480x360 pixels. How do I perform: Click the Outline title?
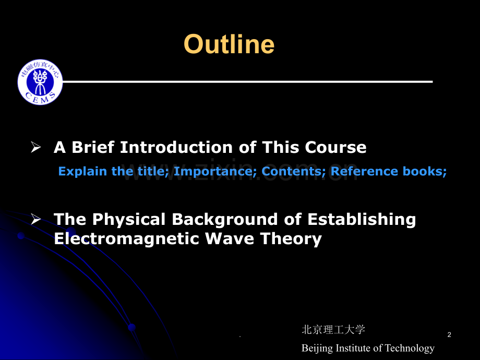tap(229, 44)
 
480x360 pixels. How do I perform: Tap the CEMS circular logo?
tap(40, 82)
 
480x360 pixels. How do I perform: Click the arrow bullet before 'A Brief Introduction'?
tap(36, 147)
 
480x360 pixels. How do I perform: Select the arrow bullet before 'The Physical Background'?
tap(36, 219)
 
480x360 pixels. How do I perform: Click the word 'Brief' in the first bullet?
tap(93, 147)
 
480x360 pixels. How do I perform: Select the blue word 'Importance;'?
tap(215, 172)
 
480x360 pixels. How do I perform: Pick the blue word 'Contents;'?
tap(294, 171)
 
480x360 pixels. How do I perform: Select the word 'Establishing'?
tap(362, 220)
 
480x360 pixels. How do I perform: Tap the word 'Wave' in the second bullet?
tap(229, 238)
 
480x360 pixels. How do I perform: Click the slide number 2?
tap(449, 334)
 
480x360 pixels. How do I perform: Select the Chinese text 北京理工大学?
tap(333, 330)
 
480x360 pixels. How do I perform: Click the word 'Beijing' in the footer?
tap(317, 349)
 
